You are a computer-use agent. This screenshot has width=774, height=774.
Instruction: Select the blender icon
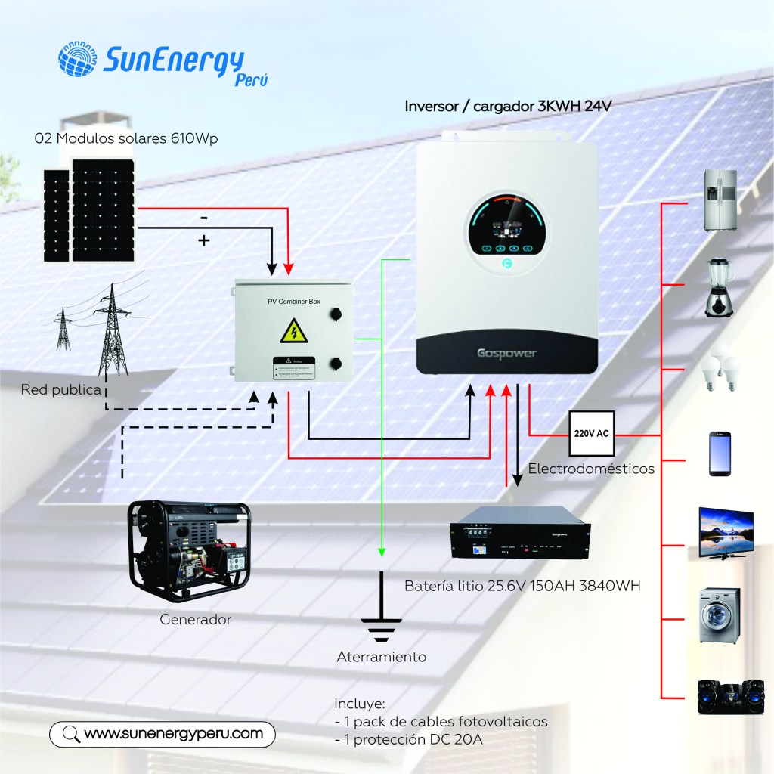click(x=719, y=287)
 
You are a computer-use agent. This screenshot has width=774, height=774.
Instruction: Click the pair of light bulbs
click(x=719, y=369)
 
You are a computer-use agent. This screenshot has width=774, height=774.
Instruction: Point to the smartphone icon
click(x=720, y=454)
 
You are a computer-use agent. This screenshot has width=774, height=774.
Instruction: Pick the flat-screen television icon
click(x=724, y=532)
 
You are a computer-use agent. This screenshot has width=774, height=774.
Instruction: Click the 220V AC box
click(x=592, y=434)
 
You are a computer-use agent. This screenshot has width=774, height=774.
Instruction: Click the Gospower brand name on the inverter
click(x=506, y=353)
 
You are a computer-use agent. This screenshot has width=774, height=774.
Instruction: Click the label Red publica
click(x=61, y=390)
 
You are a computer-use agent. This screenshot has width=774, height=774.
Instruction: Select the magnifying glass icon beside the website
click(x=70, y=733)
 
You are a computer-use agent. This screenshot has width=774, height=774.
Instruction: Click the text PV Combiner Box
click(x=294, y=302)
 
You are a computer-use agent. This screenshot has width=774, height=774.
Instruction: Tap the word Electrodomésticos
click(x=591, y=469)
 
